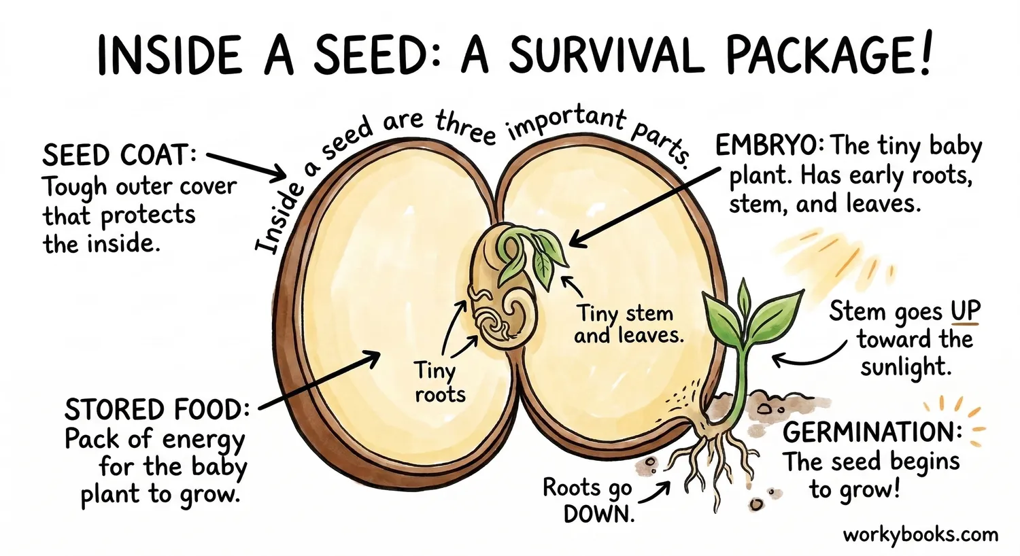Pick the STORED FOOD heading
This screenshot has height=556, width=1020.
point(156,410)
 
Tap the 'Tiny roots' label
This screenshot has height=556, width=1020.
point(439,383)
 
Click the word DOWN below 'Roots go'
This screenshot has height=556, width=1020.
point(598,515)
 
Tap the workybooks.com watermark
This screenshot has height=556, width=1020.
point(920,534)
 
